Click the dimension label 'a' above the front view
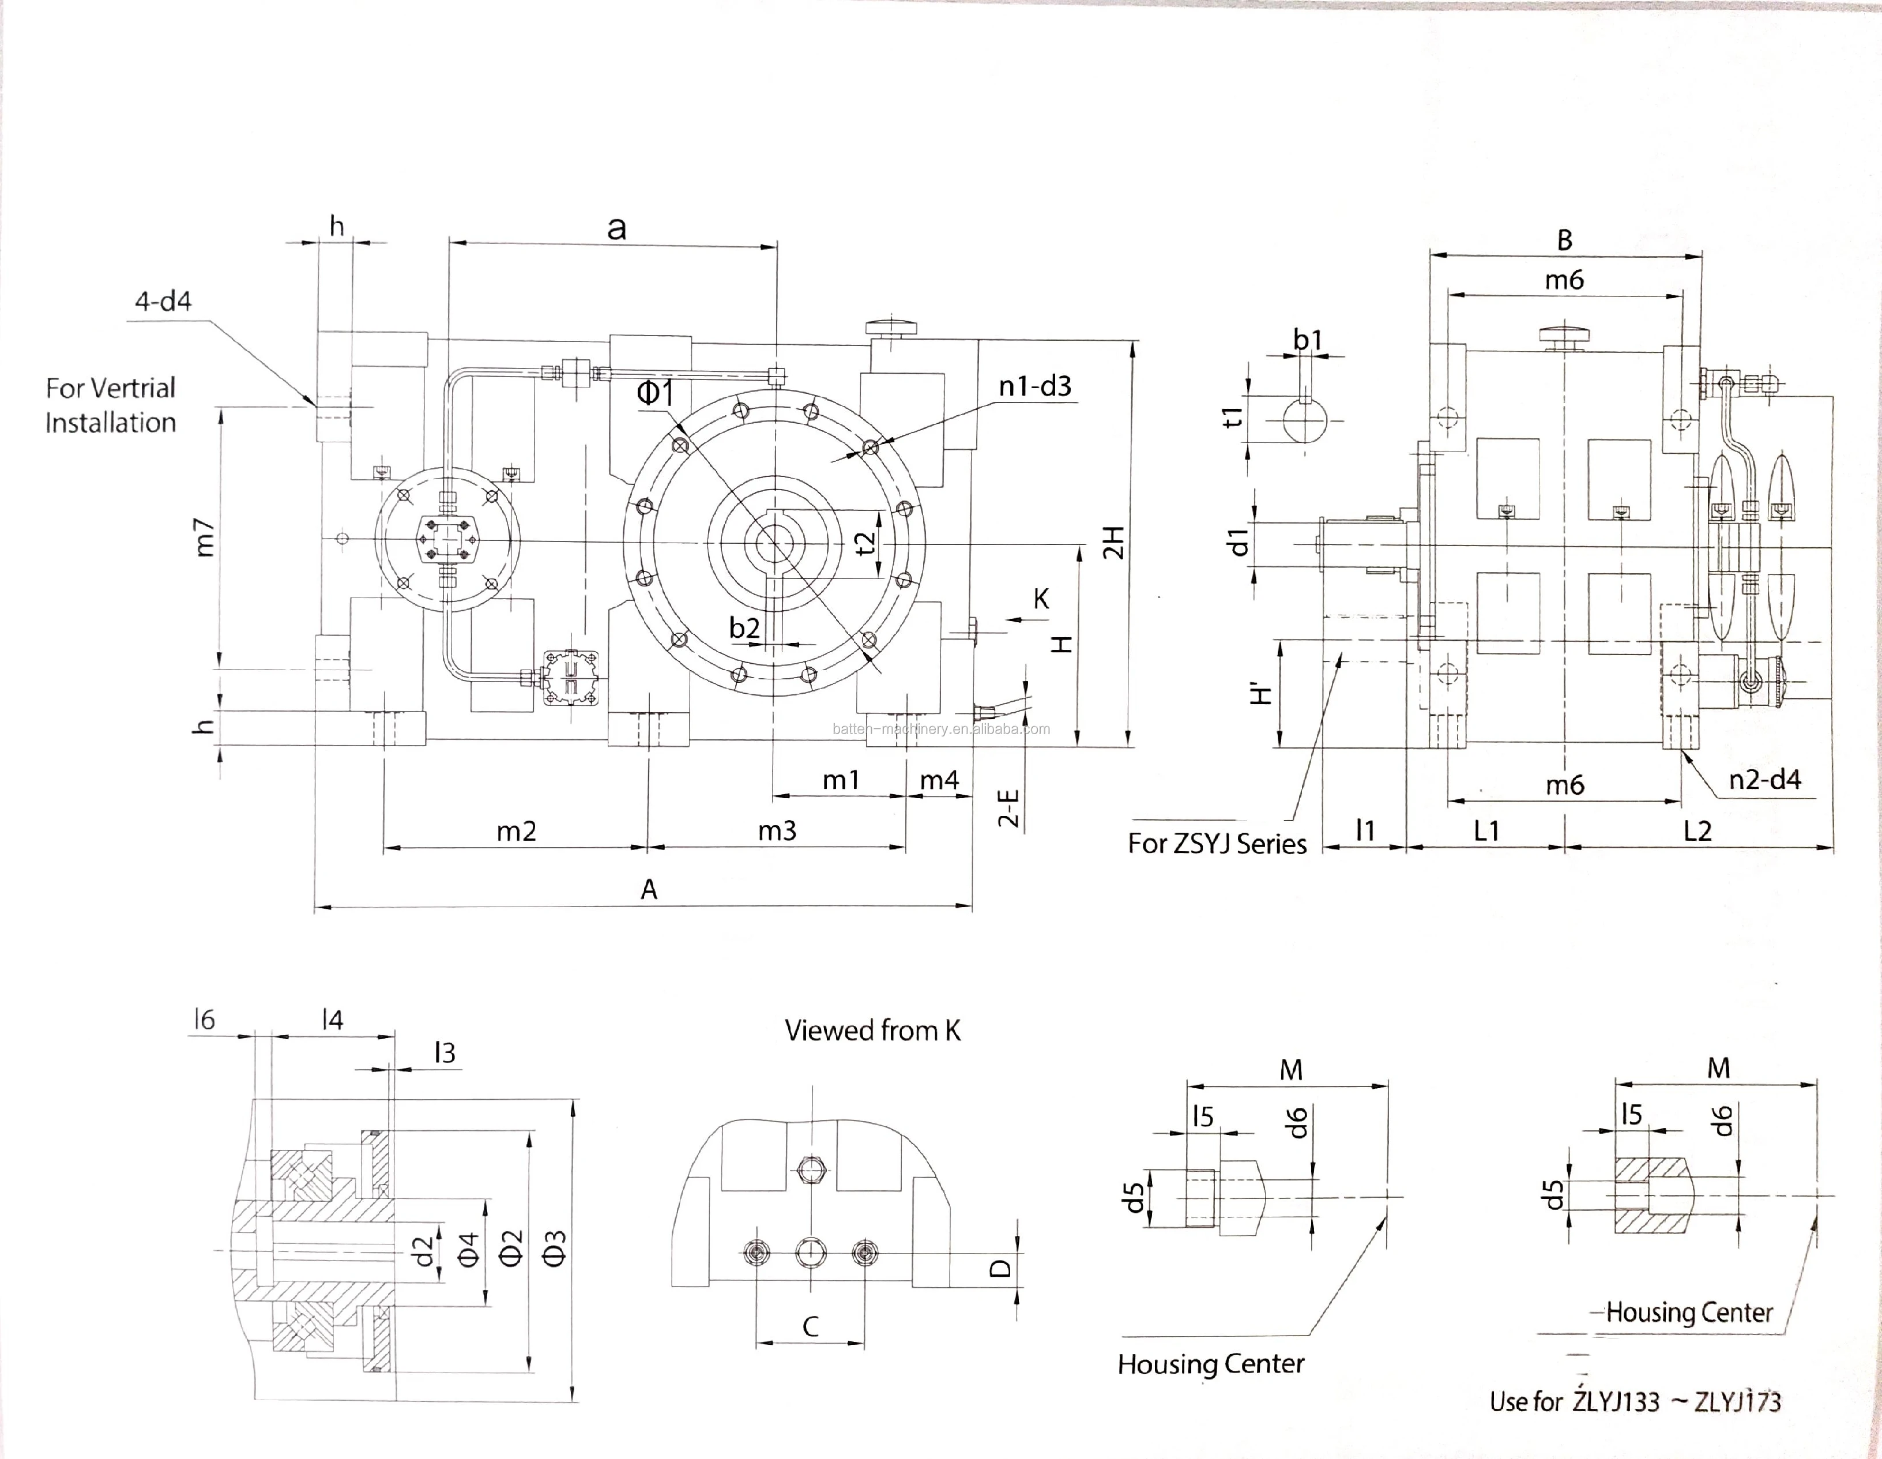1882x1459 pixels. coord(616,228)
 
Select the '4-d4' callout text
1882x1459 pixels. coord(163,301)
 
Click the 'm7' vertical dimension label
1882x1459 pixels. coord(204,537)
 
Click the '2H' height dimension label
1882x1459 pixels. coord(1114,542)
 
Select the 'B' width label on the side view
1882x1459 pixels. coord(1565,240)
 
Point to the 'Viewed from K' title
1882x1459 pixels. coord(872,1031)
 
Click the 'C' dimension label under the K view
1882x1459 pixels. coord(810,1326)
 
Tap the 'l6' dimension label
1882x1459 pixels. coord(204,1020)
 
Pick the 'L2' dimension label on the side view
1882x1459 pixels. coord(1697,831)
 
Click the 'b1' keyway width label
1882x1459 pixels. coord(1307,340)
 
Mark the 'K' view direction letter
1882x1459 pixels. coord(1041,599)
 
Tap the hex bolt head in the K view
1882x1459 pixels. coord(810,1170)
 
